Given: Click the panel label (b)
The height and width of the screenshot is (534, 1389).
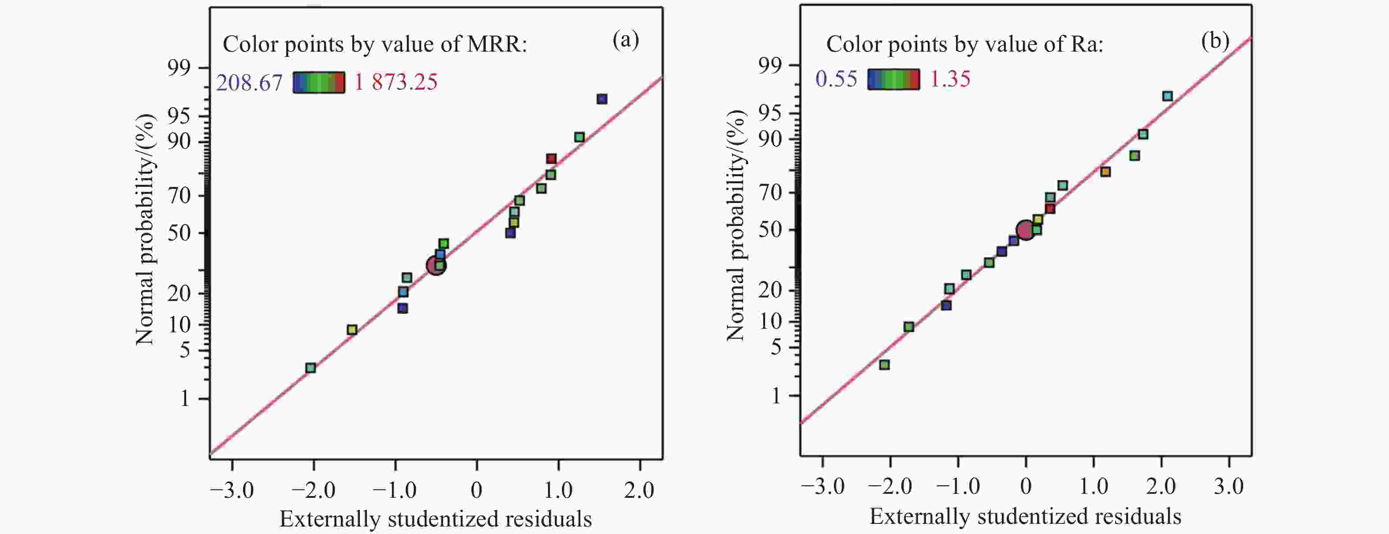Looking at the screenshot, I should tap(1215, 41).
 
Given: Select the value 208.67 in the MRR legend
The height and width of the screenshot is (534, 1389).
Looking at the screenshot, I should tap(249, 83).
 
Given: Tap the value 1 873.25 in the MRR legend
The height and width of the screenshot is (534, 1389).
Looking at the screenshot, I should tap(396, 82).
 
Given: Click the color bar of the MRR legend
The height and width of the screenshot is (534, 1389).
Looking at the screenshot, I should tap(319, 83).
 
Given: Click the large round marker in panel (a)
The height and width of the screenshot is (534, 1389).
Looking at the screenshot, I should tap(436, 265).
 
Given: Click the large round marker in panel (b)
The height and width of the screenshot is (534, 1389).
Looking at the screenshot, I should tap(1026, 230).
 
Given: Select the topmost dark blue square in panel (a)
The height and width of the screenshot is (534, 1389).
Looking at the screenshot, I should tap(602, 99).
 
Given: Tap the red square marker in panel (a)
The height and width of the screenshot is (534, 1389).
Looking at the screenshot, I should tap(551, 158).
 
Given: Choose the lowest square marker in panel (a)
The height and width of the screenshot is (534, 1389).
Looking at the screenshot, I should tap(310, 368).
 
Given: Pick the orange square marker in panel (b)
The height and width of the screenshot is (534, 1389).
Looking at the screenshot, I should tap(1105, 172).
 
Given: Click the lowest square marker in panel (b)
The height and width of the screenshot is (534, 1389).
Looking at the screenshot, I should tap(884, 365).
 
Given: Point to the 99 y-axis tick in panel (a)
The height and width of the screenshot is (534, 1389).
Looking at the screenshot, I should tap(179, 68).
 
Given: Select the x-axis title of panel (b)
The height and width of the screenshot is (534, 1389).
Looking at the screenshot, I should tap(1025, 517).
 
